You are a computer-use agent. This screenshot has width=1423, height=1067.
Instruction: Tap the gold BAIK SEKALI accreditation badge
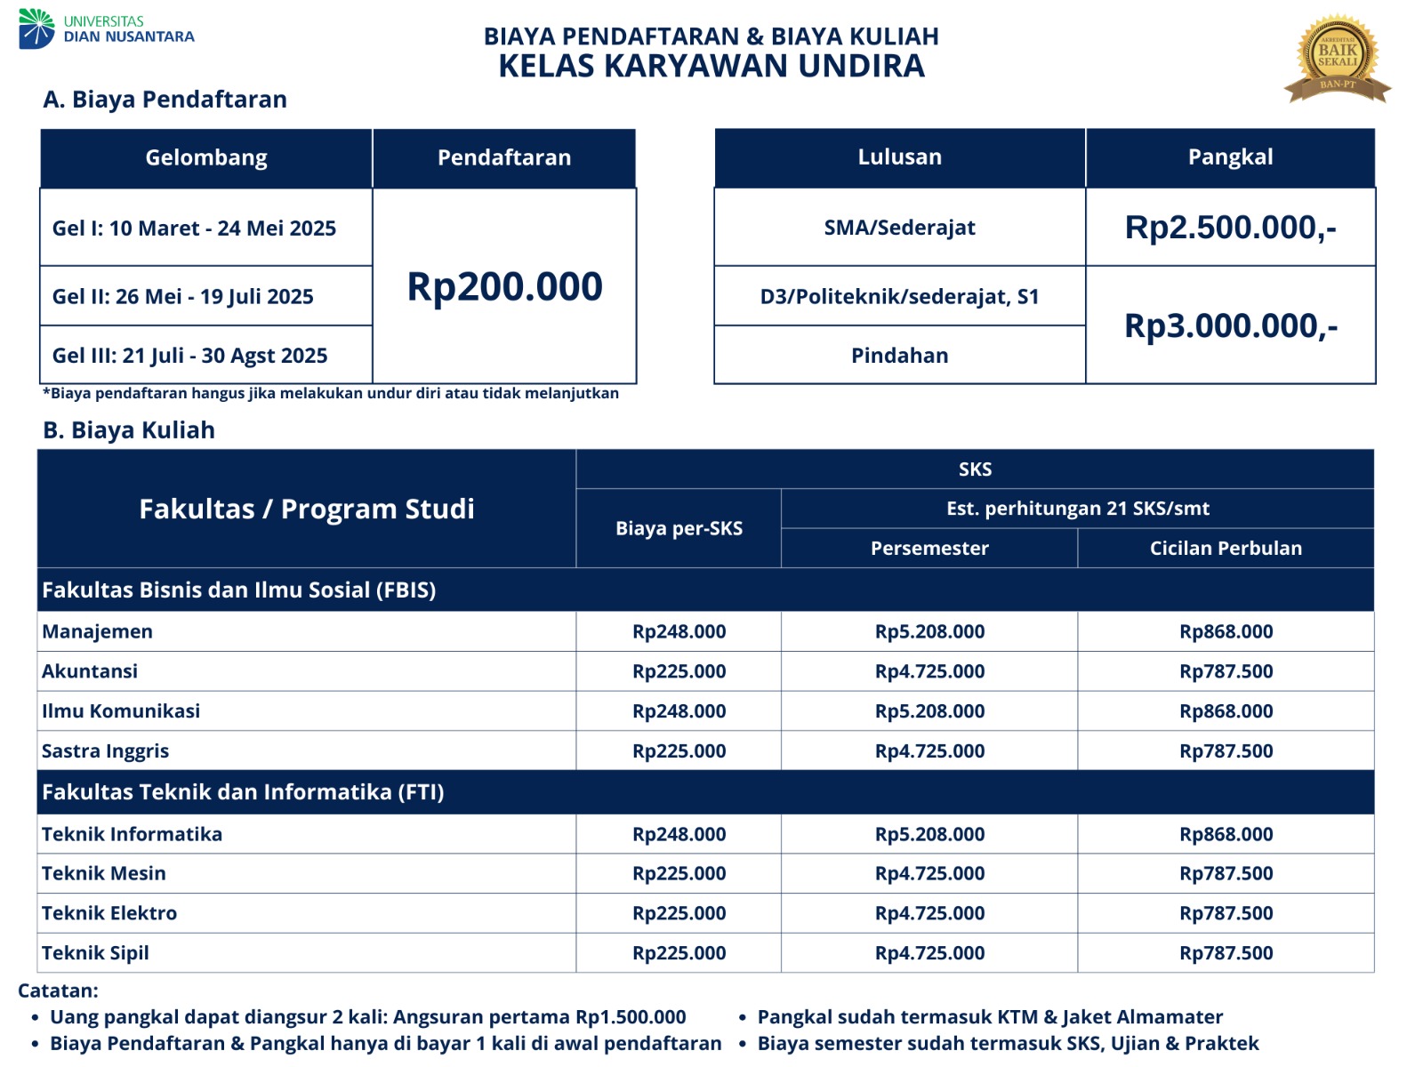point(1337,58)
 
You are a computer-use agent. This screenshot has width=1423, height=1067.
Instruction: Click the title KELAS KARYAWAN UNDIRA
point(711,67)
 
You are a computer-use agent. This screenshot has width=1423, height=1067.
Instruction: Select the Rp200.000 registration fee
point(504,286)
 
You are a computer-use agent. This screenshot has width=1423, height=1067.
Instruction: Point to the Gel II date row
point(183,296)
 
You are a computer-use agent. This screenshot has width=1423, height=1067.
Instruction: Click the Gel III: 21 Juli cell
point(190,356)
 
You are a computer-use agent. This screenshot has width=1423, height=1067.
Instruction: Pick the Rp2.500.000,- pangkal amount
point(1230,228)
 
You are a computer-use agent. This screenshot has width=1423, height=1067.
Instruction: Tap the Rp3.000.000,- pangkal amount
point(1230,325)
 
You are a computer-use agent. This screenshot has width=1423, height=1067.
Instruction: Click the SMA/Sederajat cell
point(899,228)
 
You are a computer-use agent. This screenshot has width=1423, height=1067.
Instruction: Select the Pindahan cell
point(899,356)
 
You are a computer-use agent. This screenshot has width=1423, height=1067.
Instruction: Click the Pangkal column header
point(1230,157)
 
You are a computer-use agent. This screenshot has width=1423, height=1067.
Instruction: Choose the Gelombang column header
point(206,158)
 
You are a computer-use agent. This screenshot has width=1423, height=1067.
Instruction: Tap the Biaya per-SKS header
point(679,528)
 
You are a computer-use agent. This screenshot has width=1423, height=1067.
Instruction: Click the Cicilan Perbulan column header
point(1226,549)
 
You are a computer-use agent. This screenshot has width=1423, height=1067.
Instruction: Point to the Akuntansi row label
point(90,671)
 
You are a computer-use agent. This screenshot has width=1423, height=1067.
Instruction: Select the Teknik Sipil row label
point(95,953)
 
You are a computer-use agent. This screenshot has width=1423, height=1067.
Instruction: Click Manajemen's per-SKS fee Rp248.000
point(679,631)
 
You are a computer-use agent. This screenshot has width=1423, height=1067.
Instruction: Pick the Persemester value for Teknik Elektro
point(929,913)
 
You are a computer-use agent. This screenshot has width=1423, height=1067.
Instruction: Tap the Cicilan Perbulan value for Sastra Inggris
point(1226,751)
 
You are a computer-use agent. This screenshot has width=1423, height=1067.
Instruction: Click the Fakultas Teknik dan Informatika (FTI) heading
point(243,792)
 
